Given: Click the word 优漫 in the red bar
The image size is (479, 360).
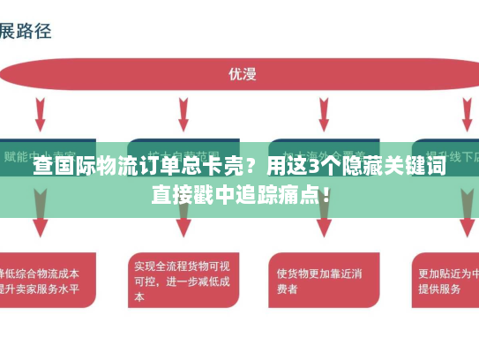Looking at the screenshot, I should click(242, 74).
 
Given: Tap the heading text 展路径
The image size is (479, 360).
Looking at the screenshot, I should click(26, 31).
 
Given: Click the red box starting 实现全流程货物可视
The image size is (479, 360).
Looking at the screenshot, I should click(183, 281).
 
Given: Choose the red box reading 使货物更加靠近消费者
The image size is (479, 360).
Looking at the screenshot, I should click(318, 281).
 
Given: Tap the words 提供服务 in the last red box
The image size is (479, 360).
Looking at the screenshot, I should click(438, 289).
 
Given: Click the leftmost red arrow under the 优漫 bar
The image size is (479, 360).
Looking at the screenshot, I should click(41, 113).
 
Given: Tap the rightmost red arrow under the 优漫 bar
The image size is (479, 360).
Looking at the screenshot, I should click(465, 113).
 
